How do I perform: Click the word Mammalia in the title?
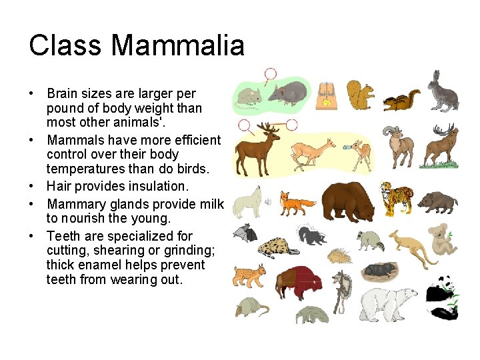178,46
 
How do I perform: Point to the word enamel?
99,265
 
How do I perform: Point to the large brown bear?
349,199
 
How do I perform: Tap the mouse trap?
327,95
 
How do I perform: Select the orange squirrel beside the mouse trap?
361,95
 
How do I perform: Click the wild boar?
439,200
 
